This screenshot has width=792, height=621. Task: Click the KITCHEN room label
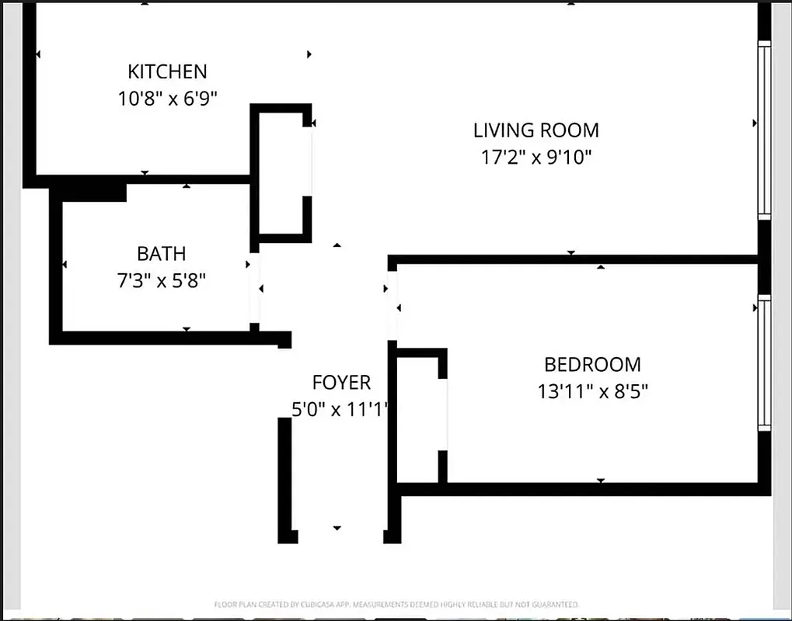tap(167, 71)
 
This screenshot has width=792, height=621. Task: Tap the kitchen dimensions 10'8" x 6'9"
tap(167, 99)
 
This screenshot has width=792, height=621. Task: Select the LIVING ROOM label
tap(536, 130)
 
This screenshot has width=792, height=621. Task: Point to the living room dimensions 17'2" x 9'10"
tap(536, 158)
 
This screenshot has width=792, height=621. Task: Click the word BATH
tap(162, 253)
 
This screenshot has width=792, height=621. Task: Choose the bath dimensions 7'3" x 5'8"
tap(162, 280)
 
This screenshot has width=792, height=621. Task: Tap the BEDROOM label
tap(592, 364)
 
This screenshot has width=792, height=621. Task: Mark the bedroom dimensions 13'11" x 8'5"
tap(592, 391)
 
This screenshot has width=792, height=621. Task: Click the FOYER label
tap(341, 382)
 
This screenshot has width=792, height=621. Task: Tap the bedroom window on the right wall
tap(764, 363)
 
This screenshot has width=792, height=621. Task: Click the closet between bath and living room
tap(280, 172)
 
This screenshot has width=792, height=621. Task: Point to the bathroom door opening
tap(254, 291)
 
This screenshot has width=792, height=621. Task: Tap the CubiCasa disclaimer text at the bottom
tap(396, 604)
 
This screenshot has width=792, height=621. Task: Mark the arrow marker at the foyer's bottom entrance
tap(337, 528)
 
